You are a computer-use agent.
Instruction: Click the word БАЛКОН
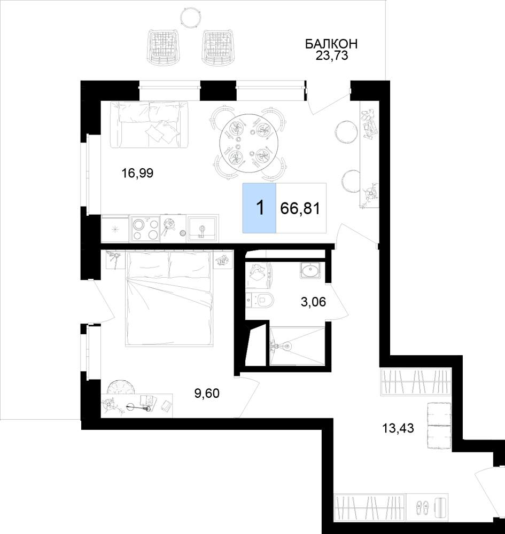click(x=331, y=44)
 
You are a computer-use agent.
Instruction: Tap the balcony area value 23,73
click(x=331, y=56)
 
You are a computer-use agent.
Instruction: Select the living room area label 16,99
click(x=138, y=174)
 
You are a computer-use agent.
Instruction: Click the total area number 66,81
click(x=300, y=208)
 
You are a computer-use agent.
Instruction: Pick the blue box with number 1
click(x=259, y=208)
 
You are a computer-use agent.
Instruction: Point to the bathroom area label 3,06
click(x=314, y=301)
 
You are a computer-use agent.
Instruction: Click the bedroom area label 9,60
click(x=207, y=394)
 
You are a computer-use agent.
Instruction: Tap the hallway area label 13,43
click(x=398, y=428)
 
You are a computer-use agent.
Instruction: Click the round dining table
click(x=248, y=143)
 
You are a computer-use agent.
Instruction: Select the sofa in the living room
click(x=150, y=124)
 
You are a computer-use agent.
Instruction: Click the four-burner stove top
click(x=145, y=228)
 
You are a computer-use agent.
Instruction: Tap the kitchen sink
click(x=203, y=228)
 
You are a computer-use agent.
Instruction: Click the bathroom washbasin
click(x=310, y=270)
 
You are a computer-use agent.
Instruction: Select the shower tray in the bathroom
click(x=298, y=347)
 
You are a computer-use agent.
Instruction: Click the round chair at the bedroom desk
click(x=122, y=388)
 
